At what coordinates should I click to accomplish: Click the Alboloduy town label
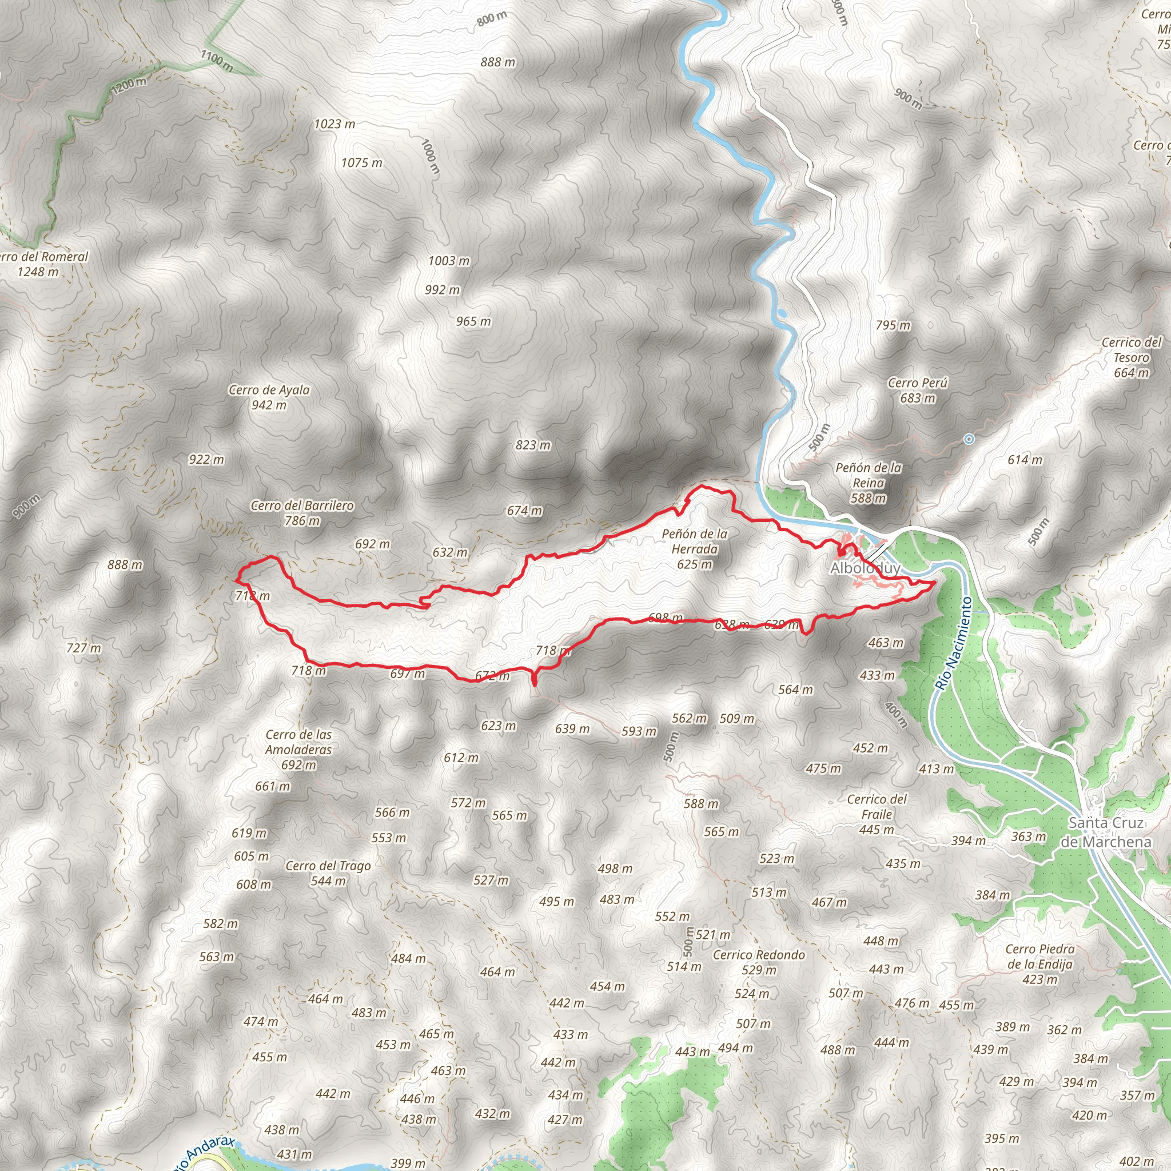[865, 568]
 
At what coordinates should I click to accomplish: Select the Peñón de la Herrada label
[695, 548]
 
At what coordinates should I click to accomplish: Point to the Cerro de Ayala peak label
[269, 397]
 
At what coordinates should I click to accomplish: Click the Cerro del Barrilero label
[302, 513]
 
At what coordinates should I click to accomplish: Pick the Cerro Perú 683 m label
[917, 391]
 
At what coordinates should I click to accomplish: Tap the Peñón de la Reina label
[868, 483]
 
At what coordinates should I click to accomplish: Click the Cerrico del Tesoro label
[1131, 357]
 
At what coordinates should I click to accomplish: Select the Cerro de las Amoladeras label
[299, 750]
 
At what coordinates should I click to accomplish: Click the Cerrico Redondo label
[759, 962]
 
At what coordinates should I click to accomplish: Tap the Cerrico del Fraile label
[877, 814]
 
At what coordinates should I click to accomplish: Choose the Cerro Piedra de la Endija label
[1039, 963]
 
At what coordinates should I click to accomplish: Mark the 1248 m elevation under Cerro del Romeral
[38, 272]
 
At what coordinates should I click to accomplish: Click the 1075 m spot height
[361, 162]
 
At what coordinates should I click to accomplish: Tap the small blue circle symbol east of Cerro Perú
[969, 439]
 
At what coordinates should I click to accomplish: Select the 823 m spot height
[533, 445]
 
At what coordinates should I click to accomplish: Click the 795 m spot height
[893, 325]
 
